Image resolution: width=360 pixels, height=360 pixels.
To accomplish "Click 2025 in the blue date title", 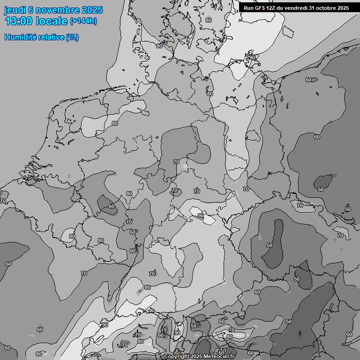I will coord(92,10).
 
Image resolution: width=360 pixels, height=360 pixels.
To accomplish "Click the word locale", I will coord(51,22).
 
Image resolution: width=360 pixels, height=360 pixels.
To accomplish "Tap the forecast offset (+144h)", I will coord(83,22).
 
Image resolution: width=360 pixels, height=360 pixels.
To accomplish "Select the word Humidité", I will coord(21,37).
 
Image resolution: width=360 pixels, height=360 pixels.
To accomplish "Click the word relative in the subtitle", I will coord(52,37).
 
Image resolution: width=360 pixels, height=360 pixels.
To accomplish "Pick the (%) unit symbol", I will coord(72,37).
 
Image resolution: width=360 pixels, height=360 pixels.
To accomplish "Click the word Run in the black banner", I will coord(248,8).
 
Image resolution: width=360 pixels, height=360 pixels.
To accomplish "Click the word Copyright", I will coord(177,357).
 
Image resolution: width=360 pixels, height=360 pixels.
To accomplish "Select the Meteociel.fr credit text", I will coord(219,357).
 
